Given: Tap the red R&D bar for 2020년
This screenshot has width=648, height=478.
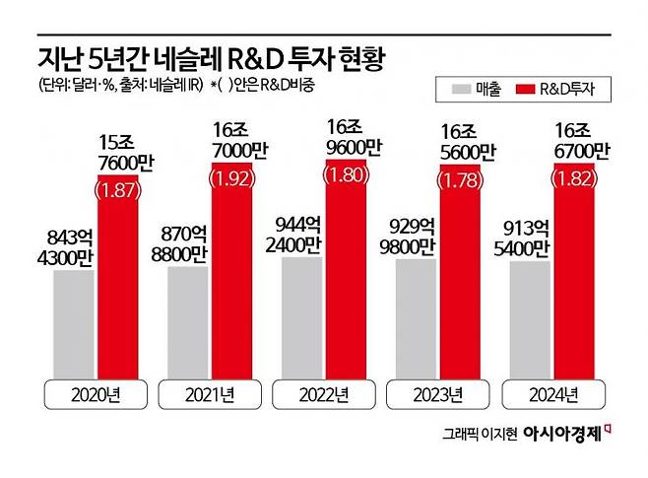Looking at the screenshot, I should point(117,286).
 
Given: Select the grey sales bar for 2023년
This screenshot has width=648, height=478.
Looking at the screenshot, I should point(415,320).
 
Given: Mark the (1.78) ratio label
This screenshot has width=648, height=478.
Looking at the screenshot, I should point(461,181).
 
